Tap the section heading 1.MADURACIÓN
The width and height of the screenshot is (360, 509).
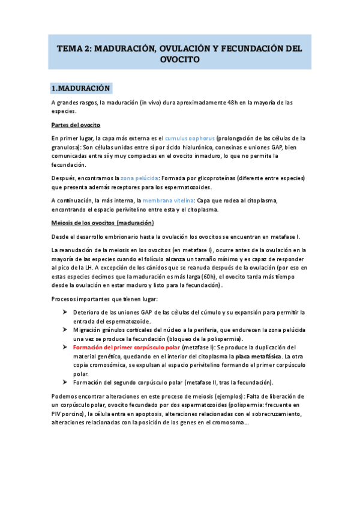tap(81, 88)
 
